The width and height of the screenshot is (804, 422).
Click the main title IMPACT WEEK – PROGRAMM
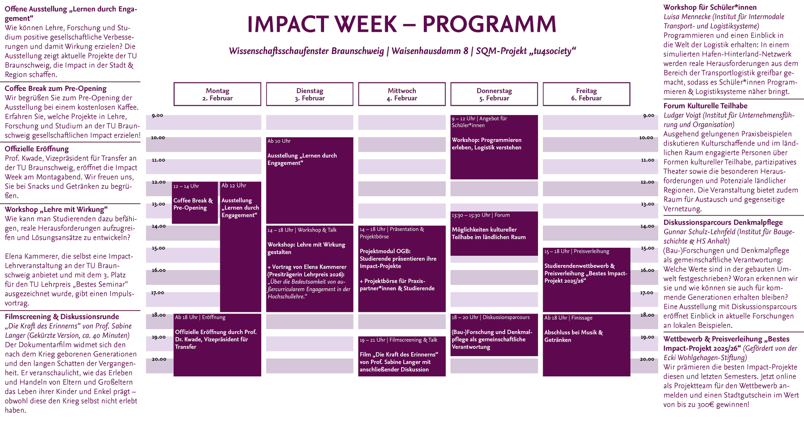click(402, 24)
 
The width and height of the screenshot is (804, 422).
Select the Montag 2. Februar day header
click(217, 94)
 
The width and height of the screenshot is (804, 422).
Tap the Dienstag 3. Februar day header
click(309, 94)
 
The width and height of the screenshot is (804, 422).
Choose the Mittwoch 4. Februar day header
click(402, 94)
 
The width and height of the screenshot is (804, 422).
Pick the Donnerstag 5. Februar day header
click(494, 94)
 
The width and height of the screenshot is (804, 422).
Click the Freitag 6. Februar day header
click(586, 94)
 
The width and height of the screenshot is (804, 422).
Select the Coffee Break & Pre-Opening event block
click(195, 203)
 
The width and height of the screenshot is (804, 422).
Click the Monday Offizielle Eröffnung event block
click(217, 345)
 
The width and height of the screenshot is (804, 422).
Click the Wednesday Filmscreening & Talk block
click(402, 356)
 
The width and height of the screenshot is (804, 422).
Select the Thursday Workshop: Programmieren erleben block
click(494, 147)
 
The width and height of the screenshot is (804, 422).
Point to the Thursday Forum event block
click(494, 234)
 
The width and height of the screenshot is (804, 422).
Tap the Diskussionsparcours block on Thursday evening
click(494, 335)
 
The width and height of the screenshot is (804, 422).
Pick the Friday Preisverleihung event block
click(586, 280)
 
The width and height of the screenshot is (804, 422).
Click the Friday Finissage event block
click(586, 345)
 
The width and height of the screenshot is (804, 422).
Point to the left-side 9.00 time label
click(157, 116)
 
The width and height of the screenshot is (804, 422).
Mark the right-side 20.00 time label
click(647, 359)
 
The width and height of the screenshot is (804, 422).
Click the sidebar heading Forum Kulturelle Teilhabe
click(705, 106)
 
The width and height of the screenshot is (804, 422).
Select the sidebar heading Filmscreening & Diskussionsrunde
click(62, 317)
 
